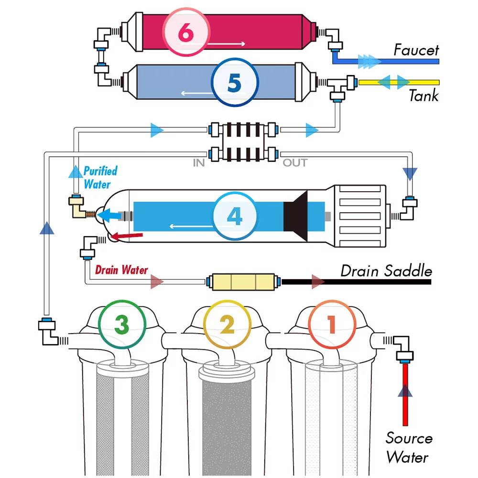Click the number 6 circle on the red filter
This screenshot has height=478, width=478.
coord(186,32)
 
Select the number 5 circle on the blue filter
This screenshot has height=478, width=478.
coord(234,83)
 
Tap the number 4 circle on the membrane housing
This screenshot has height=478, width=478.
coord(234,216)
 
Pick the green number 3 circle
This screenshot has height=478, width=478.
coord(121,325)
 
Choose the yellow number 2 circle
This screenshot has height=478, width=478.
coord(227,325)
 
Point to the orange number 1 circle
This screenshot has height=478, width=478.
coord(331,325)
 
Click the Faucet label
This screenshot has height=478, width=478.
coord(416,50)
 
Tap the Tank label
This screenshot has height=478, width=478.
coord(423,96)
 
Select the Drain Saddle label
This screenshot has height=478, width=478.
coord(386,271)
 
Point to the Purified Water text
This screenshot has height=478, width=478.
coord(100,177)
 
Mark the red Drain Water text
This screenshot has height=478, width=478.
coord(121,270)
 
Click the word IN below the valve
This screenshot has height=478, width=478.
coord(199,163)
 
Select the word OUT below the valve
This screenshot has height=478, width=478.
coord(295,163)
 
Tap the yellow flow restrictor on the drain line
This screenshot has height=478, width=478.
coord(242,282)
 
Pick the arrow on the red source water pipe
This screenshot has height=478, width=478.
coord(405,391)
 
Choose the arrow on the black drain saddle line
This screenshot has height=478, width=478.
coord(318,282)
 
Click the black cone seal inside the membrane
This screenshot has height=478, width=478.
coord(296,216)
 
